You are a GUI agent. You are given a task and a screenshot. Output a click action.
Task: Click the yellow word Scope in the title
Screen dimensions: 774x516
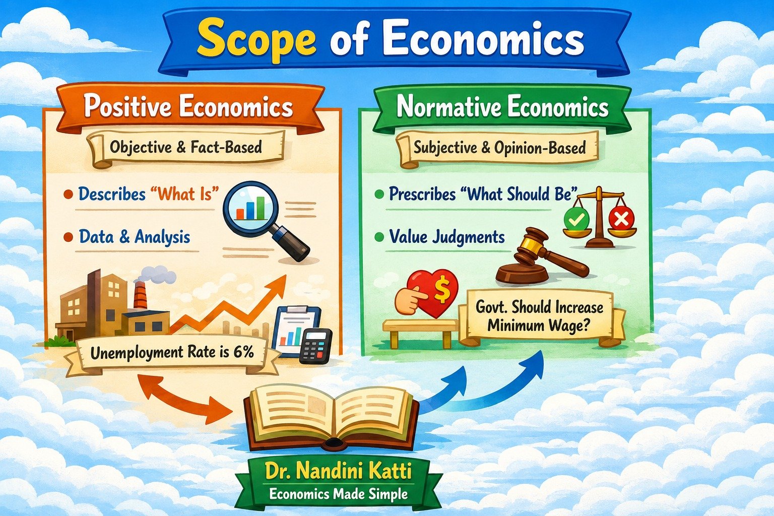coord(256,41)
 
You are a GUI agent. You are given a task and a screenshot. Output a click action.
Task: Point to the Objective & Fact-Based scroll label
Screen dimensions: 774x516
coord(186,148)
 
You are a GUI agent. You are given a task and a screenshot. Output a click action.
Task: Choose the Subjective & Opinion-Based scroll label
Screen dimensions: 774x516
coord(500,149)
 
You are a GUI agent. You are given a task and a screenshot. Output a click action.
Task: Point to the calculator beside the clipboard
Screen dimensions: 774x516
coord(315,346)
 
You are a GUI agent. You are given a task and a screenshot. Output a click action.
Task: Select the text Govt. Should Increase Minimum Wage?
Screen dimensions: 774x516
coord(539,316)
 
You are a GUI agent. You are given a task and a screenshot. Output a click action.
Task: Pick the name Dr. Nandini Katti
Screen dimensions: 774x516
coord(339,472)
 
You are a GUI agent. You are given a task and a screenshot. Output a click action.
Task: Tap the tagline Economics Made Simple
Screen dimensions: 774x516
coord(339,493)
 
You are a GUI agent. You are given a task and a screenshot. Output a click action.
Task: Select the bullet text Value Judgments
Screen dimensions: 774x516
coord(447,238)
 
